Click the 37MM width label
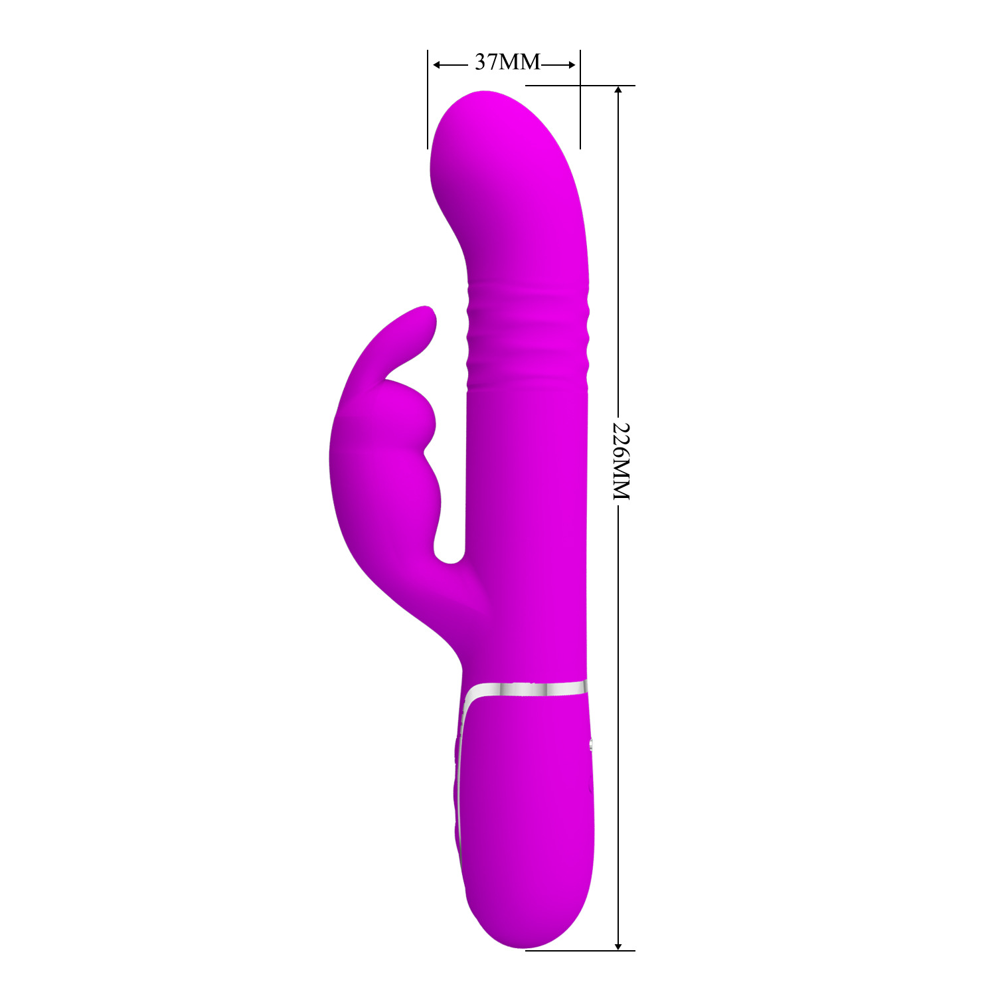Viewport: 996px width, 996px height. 507,62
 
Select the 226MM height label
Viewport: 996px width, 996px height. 620,461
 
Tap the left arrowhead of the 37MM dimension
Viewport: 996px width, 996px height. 437,65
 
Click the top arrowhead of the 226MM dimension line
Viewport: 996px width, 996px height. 619,90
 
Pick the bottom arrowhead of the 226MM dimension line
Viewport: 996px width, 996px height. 619,945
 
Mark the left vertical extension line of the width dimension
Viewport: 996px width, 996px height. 428,100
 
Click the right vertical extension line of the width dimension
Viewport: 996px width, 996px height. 580,100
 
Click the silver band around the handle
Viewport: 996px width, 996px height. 525,690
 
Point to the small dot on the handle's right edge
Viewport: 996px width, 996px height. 590,745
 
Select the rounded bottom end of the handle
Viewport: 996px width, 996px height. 528,936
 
